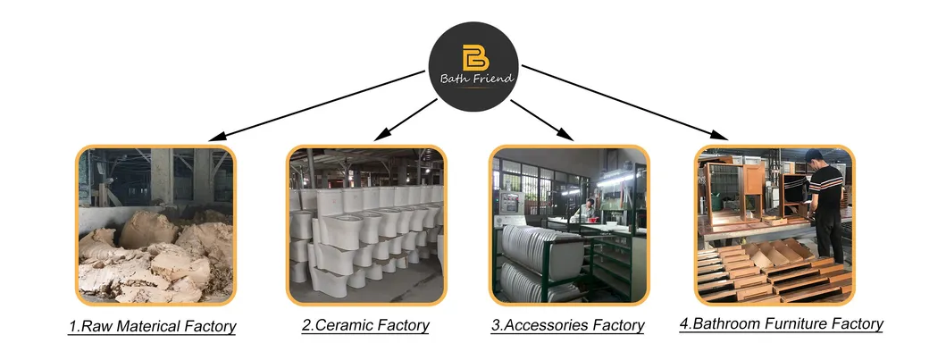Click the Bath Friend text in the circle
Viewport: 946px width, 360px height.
(478, 79)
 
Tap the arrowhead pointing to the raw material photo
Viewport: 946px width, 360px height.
(215, 138)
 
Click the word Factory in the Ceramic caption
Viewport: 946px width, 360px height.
(402, 326)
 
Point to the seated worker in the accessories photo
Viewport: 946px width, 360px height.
(587, 211)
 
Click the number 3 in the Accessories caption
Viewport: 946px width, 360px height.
(495, 326)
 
